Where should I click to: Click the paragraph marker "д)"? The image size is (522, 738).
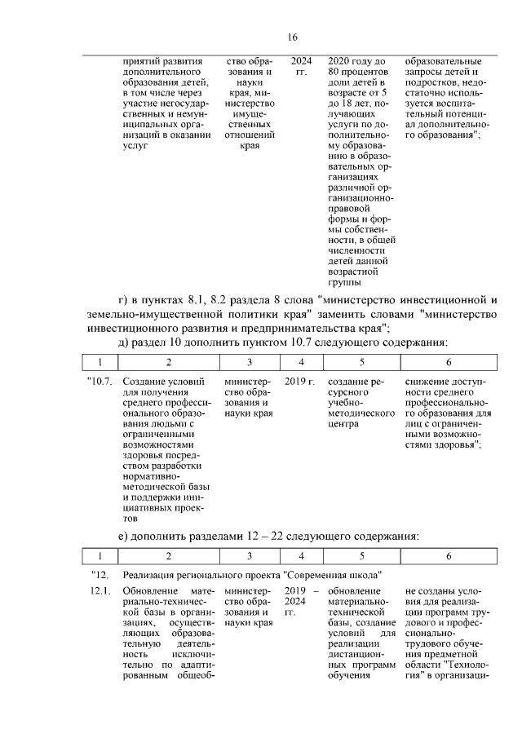(123, 339)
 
